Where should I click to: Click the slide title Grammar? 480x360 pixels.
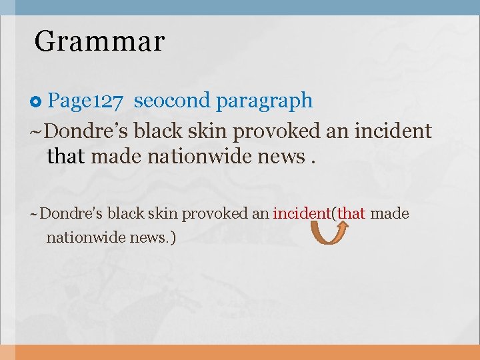pyautogui.click(x=99, y=41)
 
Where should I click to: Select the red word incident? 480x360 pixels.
pyautogui.click(x=302, y=214)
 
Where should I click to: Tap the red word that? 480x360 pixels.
pyautogui.click(x=351, y=214)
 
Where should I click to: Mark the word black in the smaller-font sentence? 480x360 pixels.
pyautogui.click(x=125, y=214)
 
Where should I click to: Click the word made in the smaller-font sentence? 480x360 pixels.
pyautogui.click(x=389, y=214)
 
